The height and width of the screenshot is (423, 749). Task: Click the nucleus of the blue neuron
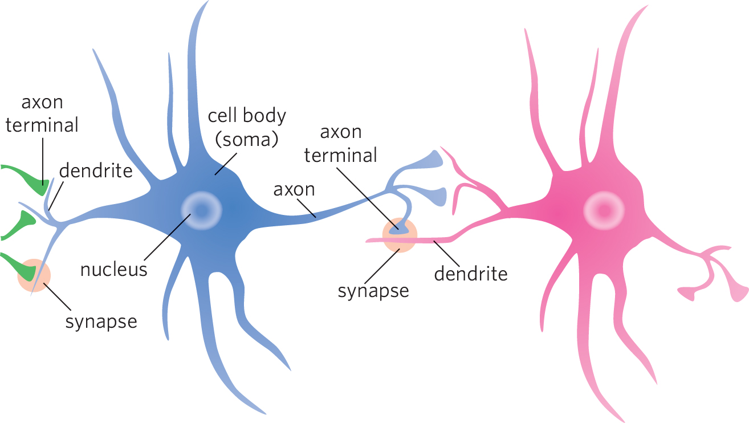coord(201,210)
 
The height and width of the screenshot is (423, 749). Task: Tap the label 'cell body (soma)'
coord(246,127)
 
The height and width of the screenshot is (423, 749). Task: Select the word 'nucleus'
coord(114,269)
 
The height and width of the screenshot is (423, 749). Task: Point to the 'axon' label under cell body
coord(294,189)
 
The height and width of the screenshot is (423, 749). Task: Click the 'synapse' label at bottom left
coord(101,322)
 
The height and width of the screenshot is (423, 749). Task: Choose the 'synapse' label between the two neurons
coord(373,291)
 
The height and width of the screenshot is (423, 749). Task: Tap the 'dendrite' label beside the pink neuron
coord(470,274)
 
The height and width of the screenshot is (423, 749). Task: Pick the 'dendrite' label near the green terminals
coord(96,170)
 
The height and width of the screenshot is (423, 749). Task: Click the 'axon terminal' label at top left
coord(42,114)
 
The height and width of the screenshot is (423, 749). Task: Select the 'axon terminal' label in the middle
coord(341,144)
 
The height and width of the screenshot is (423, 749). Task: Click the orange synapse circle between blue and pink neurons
coord(400,235)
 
